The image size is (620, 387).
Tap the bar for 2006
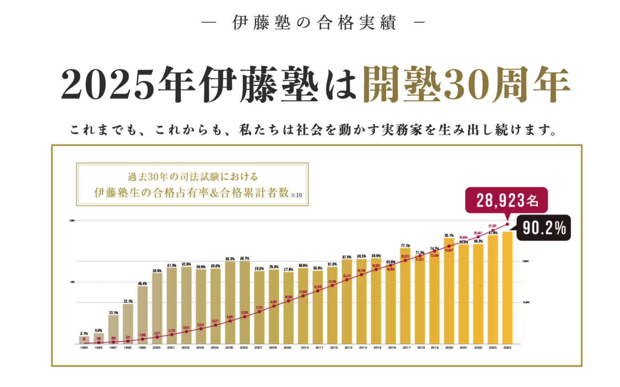[244, 302]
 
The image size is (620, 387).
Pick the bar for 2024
[507, 287]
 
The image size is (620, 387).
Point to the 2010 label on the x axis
[305, 348]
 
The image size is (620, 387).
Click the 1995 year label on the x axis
[84, 348]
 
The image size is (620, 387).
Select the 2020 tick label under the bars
[449, 348]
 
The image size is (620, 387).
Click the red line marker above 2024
[507, 224]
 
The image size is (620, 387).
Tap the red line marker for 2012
[332, 286]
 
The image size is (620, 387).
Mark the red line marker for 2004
[216, 325]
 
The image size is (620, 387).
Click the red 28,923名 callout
[506, 201]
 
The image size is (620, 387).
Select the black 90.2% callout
[544, 228]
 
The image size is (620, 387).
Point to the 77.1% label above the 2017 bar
[405, 245]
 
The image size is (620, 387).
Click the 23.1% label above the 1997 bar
[113, 312]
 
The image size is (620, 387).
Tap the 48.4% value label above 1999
[143, 283]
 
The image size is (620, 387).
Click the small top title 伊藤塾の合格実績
[314, 23]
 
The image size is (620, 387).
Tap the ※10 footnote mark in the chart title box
[296, 195]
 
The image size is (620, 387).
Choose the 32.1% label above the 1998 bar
[128, 301]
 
